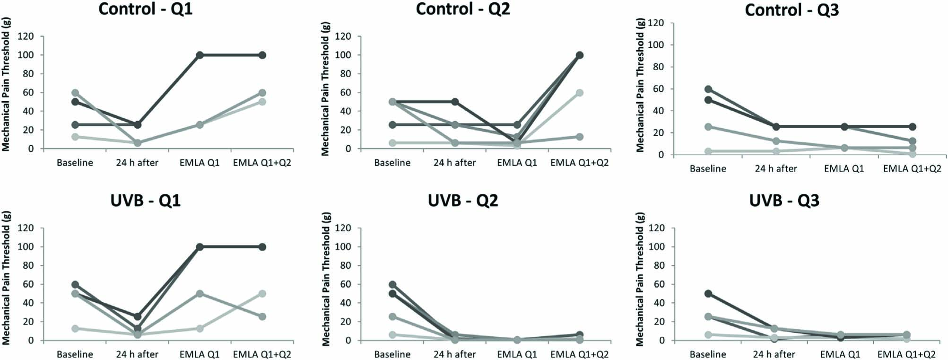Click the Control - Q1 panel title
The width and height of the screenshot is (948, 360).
pos(145,9)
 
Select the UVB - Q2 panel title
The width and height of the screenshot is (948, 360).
pos(462,201)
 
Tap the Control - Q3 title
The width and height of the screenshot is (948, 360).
pos(791,9)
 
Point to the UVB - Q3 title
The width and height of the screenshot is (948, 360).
pos(784,201)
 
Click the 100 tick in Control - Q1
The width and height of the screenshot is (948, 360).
pos(27,55)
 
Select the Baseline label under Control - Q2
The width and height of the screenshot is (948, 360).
pos(392,163)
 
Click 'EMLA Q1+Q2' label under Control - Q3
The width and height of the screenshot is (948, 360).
pos(912,168)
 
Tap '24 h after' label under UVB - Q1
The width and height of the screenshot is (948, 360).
pos(137,354)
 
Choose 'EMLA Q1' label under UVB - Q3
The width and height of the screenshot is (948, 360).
pos(840,354)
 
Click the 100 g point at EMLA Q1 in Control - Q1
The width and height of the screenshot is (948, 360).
pos(200,55)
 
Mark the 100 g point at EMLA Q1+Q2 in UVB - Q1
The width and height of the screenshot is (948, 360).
pos(262,247)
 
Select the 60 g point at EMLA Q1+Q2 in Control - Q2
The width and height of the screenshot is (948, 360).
pos(579,93)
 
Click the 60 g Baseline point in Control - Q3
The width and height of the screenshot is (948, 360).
pos(708,89)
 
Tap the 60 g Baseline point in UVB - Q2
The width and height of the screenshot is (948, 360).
pos(392,285)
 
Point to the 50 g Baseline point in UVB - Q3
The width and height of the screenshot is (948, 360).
pos(708,294)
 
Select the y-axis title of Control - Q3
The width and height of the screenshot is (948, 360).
pos(640,85)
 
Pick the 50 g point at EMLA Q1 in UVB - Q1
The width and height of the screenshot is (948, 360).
pos(200,294)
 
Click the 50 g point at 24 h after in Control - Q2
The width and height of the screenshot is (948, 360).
pos(454,102)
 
